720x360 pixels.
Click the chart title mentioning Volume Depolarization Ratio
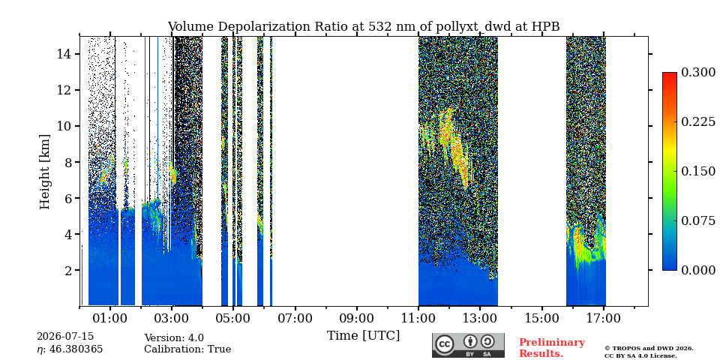tap(364, 27)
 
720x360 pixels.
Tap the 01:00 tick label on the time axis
tap(110, 318)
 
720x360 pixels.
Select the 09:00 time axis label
tap(357, 318)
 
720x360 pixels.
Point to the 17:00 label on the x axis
tap(603, 318)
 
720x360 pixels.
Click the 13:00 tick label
tap(480, 318)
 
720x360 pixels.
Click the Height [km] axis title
tap(44, 172)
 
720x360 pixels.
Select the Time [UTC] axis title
tap(364, 336)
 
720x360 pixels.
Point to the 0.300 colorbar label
tap(698, 73)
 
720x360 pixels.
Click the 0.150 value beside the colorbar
tap(698, 171)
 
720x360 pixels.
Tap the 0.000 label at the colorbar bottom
tap(698, 270)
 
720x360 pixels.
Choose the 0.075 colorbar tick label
tap(698, 220)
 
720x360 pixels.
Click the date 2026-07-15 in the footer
tap(65, 337)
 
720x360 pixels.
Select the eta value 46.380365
tap(70, 349)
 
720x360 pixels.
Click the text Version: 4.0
tap(174, 338)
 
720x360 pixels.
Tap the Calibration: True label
tap(187, 349)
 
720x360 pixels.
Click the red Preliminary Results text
tap(552, 348)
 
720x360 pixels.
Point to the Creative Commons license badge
tap(468, 345)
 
